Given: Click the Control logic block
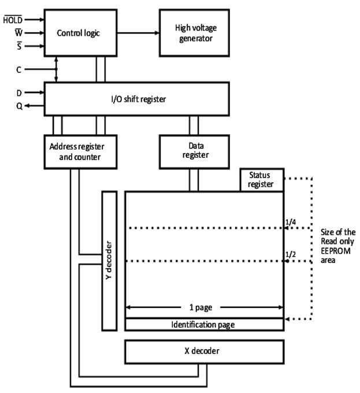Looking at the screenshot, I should tap(78, 33).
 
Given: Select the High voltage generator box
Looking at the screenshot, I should tap(194, 33).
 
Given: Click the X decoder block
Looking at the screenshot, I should tap(205, 351).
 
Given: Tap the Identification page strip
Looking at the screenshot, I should tap(204, 324).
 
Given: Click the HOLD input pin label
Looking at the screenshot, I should tap(12, 19).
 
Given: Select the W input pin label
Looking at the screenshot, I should tap(17, 32).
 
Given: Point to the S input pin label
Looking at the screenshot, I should tap(18, 46).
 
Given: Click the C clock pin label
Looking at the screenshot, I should tap(18, 69).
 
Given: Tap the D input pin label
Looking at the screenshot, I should tap(18, 91).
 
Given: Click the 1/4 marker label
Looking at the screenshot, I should tap(291, 221).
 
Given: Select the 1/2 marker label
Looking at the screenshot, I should tap(291, 254).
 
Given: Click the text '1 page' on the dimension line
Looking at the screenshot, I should tap(204, 307).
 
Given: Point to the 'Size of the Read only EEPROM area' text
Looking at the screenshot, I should tap(337, 246).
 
